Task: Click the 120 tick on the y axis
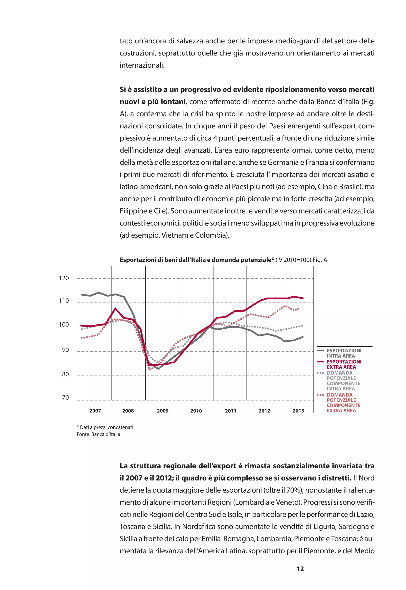click(64, 278)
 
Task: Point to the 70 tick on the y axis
click(65, 398)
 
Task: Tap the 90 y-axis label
click(65, 350)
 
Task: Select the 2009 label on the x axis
click(163, 411)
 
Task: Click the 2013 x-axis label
click(298, 411)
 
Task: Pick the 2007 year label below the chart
click(95, 411)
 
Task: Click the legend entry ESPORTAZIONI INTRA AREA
click(344, 353)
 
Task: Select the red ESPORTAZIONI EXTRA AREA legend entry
click(344, 364)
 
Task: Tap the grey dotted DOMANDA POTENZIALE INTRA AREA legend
click(343, 381)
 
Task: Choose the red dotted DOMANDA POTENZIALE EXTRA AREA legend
click(343, 402)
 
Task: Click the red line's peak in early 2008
click(116, 308)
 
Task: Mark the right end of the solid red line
click(303, 298)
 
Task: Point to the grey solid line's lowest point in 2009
click(158, 369)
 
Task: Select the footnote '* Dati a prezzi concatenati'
click(105, 427)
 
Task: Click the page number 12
click(300, 569)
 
